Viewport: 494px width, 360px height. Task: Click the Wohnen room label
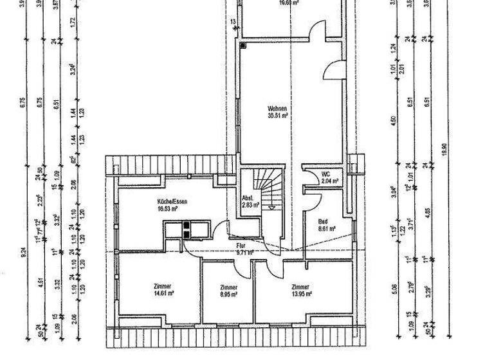(x=278, y=109)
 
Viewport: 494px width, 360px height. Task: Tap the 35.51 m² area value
(x=278, y=116)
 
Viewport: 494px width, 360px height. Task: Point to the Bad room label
(x=324, y=221)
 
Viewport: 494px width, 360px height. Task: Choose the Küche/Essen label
(x=152, y=201)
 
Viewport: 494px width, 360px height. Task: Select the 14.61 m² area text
(x=165, y=293)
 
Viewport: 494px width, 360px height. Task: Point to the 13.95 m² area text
(x=301, y=293)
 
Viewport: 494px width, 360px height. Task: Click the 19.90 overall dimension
(x=444, y=150)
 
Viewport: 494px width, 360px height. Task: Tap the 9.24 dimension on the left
(x=24, y=254)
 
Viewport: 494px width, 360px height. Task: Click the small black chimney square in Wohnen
(x=243, y=46)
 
